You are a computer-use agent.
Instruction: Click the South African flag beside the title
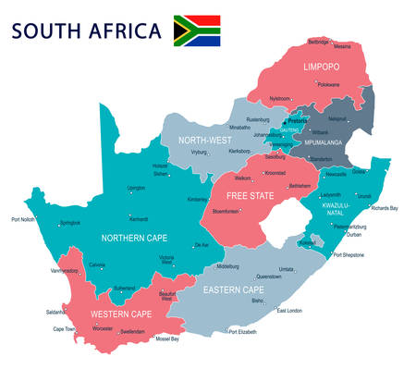(x=197, y=31)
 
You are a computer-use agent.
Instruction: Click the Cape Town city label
(x=64, y=328)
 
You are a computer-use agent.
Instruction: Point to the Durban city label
(x=354, y=234)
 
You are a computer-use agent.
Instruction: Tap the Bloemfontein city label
(x=226, y=211)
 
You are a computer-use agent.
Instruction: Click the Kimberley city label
(x=198, y=199)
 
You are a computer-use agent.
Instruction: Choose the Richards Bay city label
(x=385, y=208)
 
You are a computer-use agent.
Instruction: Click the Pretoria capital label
(x=298, y=120)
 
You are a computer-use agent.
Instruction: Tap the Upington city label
(x=136, y=188)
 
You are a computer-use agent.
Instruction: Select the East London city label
(x=289, y=310)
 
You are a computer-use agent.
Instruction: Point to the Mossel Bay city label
(x=167, y=338)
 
